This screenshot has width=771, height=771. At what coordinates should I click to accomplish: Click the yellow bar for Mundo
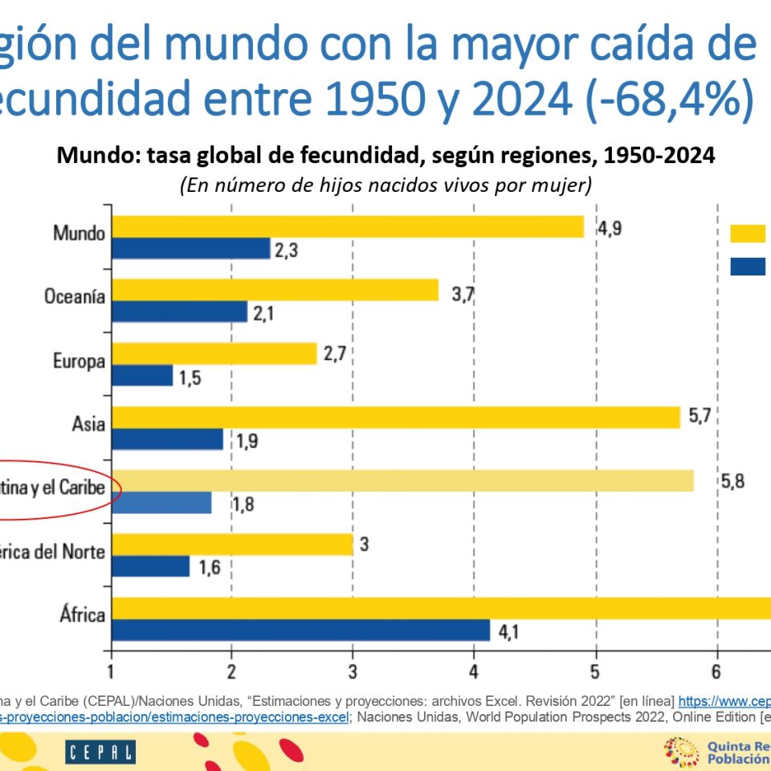(x=347, y=227)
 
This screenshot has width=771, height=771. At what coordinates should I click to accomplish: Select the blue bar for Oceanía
(x=179, y=312)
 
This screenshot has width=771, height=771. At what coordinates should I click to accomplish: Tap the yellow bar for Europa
(x=214, y=354)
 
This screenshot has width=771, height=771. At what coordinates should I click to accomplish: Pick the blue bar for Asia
(x=167, y=439)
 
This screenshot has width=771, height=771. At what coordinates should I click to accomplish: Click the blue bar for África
(x=300, y=630)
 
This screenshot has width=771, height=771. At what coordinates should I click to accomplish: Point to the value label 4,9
(x=610, y=227)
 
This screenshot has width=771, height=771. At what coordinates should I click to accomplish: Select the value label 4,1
(x=510, y=632)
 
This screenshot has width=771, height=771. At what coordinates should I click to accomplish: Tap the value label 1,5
(x=190, y=377)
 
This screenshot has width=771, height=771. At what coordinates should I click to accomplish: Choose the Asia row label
(x=88, y=422)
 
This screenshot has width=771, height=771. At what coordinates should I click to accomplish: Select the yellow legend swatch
(x=748, y=234)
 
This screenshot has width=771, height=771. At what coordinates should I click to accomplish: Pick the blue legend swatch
(x=748, y=267)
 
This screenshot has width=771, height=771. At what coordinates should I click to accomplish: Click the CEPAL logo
(x=100, y=752)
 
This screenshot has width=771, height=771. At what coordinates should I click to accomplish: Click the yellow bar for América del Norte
(x=232, y=545)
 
